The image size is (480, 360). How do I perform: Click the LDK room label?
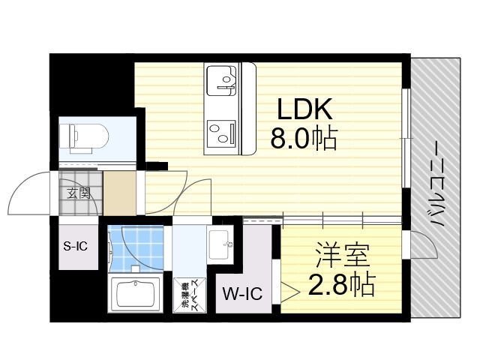(x=304, y=109)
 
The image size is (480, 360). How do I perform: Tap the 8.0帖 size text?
(x=304, y=138)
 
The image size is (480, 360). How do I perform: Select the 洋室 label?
(x=343, y=255)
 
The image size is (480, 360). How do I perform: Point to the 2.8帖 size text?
(x=342, y=284)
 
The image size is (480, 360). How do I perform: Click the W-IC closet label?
(x=242, y=293)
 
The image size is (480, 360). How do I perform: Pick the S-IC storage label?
(x=76, y=246)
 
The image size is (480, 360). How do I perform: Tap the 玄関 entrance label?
(x=79, y=193)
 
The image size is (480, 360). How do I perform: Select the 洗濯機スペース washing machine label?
(x=190, y=295)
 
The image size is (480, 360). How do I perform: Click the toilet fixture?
(x=84, y=138)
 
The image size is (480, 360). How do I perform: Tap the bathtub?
(x=136, y=294)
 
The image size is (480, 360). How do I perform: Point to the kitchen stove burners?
(x=222, y=133)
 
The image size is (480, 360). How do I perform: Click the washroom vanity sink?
(x=219, y=244)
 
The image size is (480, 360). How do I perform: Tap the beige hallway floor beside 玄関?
(x=120, y=193)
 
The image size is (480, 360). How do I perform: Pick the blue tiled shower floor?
(x=136, y=248)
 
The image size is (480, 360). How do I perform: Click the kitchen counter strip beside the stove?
(x=248, y=109)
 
